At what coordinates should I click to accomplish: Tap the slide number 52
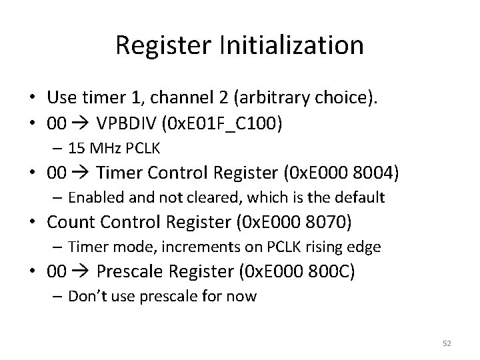click(x=445, y=343)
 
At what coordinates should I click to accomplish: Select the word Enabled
click(x=92, y=198)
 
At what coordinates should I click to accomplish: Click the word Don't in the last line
click(x=86, y=296)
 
